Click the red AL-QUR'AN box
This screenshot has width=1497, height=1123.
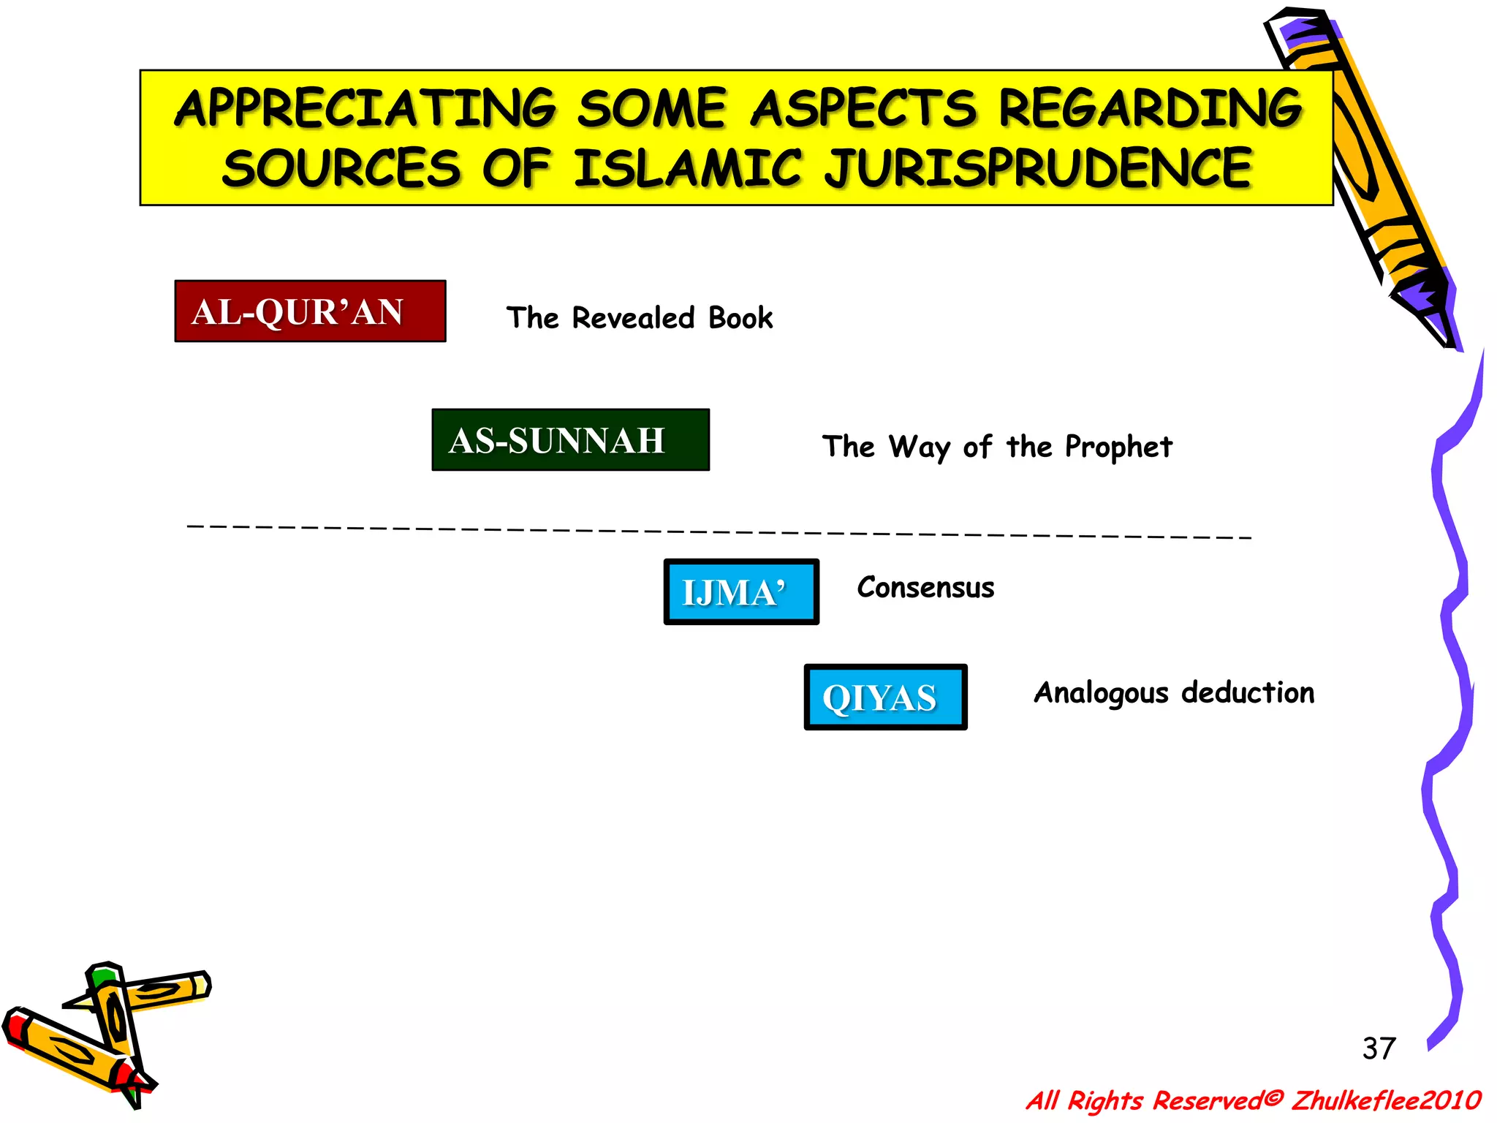pyautogui.click(x=310, y=311)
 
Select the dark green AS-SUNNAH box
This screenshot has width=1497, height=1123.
pyautogui.click(x=570, y=440)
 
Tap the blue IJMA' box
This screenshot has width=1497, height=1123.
pyautogui.click(x=740, y=592)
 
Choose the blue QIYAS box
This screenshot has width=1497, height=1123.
pyautogui.click(x=885, y=697)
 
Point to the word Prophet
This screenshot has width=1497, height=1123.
pyautogui.click(x=1118, y=447)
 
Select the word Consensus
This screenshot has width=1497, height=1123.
pyautogui.click(x=925, y=588)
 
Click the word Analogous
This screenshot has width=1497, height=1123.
pyautogui.click(x=1101, y=693)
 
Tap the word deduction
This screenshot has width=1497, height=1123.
pyautogui.click(x=1248, y=692)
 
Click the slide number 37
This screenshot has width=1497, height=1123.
pyautogui.click(x=1379, y=1048)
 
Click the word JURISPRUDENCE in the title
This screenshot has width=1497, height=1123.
pyautogui.click(x=1039, y=168)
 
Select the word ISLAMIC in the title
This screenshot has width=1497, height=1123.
pyautogui.click(x=687, y=168)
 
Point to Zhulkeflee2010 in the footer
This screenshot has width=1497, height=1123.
pyautogui.click(x=1386, y=1100)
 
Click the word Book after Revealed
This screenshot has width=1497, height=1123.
pyautogui.click(x=740, y=318)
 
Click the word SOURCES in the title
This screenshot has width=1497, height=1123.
pyautogui.click(x=341, y=168)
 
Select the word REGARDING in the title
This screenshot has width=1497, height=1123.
pyautogui.click(x=1150, y=109)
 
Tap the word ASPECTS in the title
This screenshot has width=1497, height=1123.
pyautogui.click(x=863, y=109)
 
